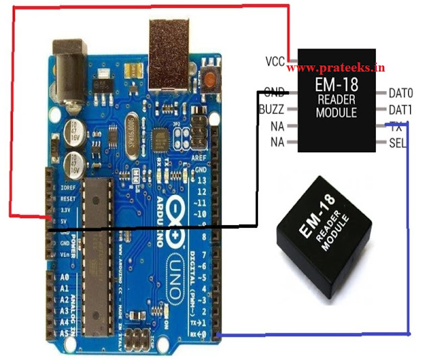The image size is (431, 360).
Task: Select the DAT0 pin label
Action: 401,92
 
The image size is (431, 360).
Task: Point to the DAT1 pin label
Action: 401,109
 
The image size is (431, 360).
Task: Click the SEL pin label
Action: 397,142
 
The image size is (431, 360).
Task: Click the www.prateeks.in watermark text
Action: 336,67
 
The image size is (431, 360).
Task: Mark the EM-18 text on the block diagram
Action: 336,86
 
